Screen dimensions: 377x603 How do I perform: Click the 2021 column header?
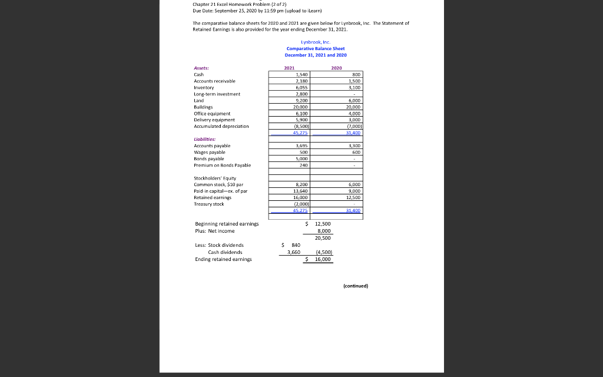(289, 68)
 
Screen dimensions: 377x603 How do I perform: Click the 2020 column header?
(337, 68)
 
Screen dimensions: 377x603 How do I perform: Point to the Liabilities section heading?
(205, 139)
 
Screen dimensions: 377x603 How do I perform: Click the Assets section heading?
(201, 68)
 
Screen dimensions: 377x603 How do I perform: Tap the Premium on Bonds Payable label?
(222, 165)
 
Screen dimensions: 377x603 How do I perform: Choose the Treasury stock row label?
(208, 204)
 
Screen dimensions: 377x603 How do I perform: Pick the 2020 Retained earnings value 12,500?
(352, 197)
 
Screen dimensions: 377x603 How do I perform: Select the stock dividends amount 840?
(296, 244)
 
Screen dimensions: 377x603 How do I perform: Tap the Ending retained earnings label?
(223, 259)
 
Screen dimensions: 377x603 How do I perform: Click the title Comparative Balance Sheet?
(316, 48)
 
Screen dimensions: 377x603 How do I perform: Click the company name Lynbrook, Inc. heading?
(316, 42)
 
